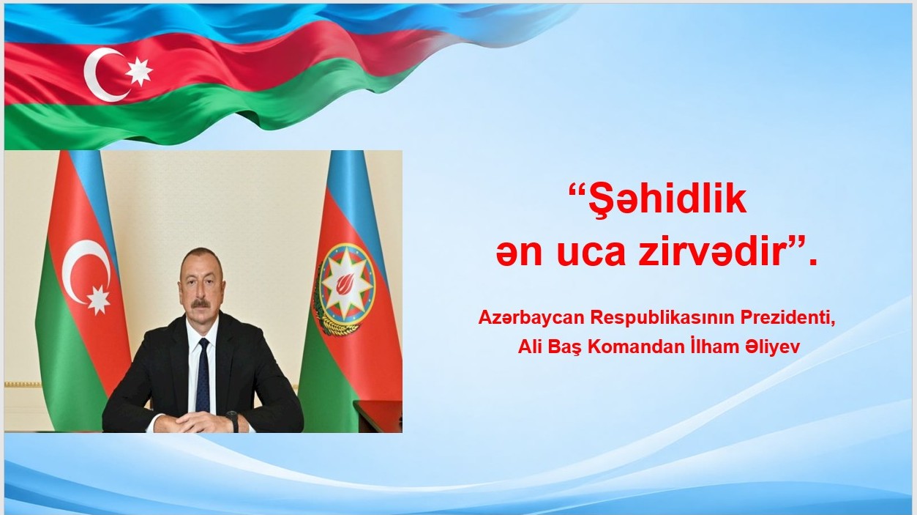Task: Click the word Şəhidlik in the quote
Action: pyautogui.click(x=667, y=200)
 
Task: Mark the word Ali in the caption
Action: pyautogui.click(x=530, y=347)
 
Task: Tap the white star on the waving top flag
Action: pyautogui.click(x=139, y=71)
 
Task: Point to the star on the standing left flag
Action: pyautogui.click(x=99, y=300)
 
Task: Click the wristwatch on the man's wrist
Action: pyautogui.click(x=233, y=420)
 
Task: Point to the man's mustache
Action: pyautogui.click(x=201, y=303)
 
